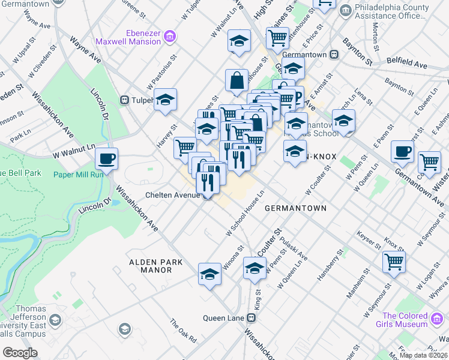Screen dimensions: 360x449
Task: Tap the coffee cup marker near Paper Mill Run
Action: pos(106,160)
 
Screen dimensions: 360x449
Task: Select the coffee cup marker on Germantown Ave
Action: pos(402,152)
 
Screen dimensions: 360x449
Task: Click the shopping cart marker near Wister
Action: pos(429,162)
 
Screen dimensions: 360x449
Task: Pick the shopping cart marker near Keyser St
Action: pos(394,262)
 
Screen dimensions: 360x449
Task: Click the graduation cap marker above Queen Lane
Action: pos(209,274)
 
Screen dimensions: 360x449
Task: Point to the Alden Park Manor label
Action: pos(150,266)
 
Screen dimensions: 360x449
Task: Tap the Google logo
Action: pos(20,352)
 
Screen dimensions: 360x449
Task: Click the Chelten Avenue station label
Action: pos(174,196)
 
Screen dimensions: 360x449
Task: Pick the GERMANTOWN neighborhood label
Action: pos(295,208)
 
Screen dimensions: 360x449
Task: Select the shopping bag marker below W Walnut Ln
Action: pos(237,80)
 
